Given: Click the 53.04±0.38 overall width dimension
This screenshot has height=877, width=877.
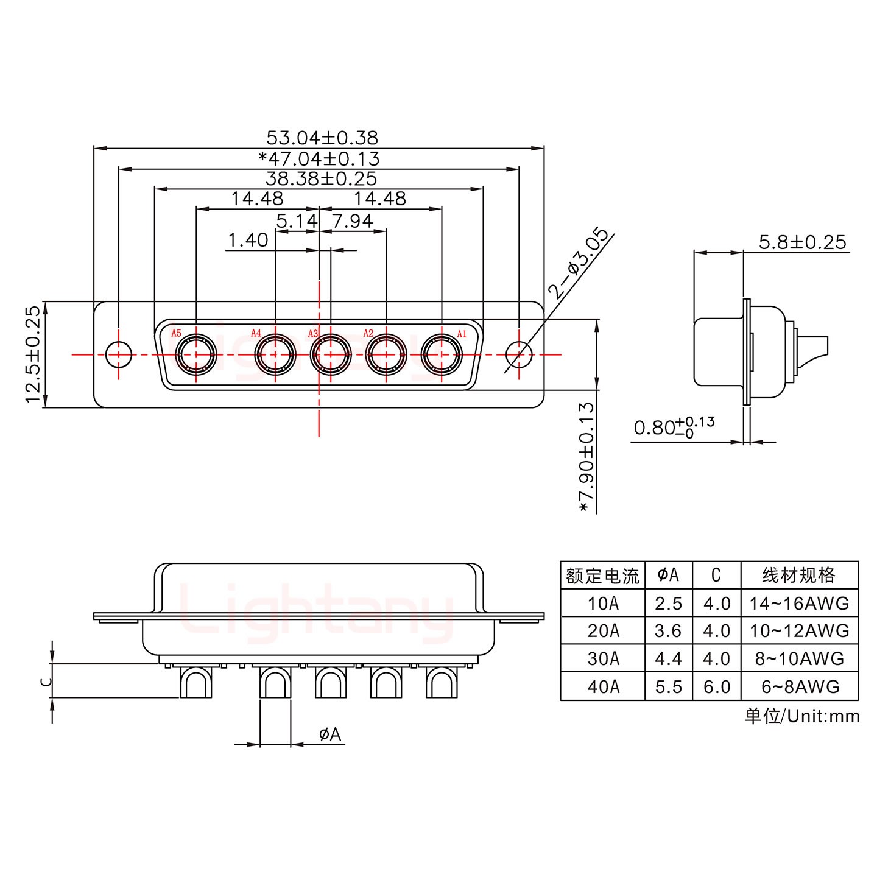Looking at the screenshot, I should [322, 137].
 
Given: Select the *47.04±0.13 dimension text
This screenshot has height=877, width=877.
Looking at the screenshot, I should [319, 158].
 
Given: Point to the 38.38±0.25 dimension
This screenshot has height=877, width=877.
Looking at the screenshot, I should [321, 178].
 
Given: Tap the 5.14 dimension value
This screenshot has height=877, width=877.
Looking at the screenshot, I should [297, 220].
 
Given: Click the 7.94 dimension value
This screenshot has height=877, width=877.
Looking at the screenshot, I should [353, 220].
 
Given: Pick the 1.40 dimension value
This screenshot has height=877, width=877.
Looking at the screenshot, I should [247, 240].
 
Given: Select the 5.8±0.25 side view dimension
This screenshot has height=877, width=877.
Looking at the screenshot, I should [802, 242].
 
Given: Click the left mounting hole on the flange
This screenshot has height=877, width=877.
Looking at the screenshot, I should [119, 354].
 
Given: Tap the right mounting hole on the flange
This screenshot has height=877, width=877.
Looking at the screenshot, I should [519, 354].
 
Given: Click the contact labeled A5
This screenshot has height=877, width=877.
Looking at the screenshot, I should [196, 354].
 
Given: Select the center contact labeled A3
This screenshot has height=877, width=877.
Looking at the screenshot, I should [330, 354].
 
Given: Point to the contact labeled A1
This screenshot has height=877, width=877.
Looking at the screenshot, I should [442, 354].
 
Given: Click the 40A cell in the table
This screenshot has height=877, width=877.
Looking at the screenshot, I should [603, 686].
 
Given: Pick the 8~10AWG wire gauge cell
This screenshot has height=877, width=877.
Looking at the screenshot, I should [799, 658].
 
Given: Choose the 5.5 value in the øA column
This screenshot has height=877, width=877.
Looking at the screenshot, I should [668, 686].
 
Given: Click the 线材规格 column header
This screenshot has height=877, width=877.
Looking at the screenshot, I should [799, 575].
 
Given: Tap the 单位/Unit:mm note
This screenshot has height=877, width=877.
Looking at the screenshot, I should [802, 716].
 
